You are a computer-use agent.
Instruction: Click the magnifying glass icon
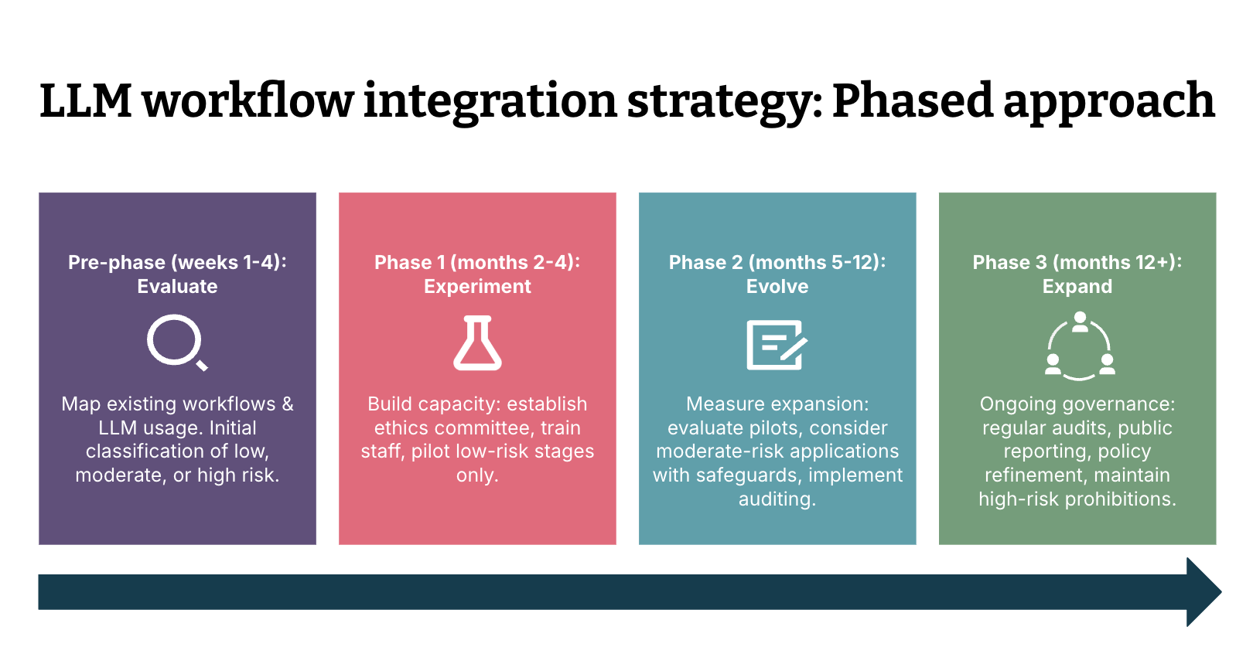(x=177, y=342)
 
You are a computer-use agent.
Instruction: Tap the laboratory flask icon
(x=477, y=343)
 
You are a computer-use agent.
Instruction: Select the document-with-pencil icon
(x=777, y=344)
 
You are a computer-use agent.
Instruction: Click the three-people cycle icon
(x=1080, y=346)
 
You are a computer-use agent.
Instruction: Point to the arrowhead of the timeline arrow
(x=1203, y=592)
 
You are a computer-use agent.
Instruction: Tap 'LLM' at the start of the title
(x=86, y=101)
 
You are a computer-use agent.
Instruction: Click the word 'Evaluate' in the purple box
(x=177, y=287)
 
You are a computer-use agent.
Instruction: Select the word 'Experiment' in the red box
(x=477, y=287)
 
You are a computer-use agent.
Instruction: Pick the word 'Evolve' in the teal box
(x=777, y=287)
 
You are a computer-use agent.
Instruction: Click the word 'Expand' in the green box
(x=1077, y=287)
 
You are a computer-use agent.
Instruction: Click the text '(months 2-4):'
(x=516, y=263)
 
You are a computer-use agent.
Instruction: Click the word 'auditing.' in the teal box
(x=777, y=499)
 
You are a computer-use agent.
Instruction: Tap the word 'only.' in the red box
(x=477, y=475)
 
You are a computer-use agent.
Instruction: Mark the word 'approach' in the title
(x=1109, y=101)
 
